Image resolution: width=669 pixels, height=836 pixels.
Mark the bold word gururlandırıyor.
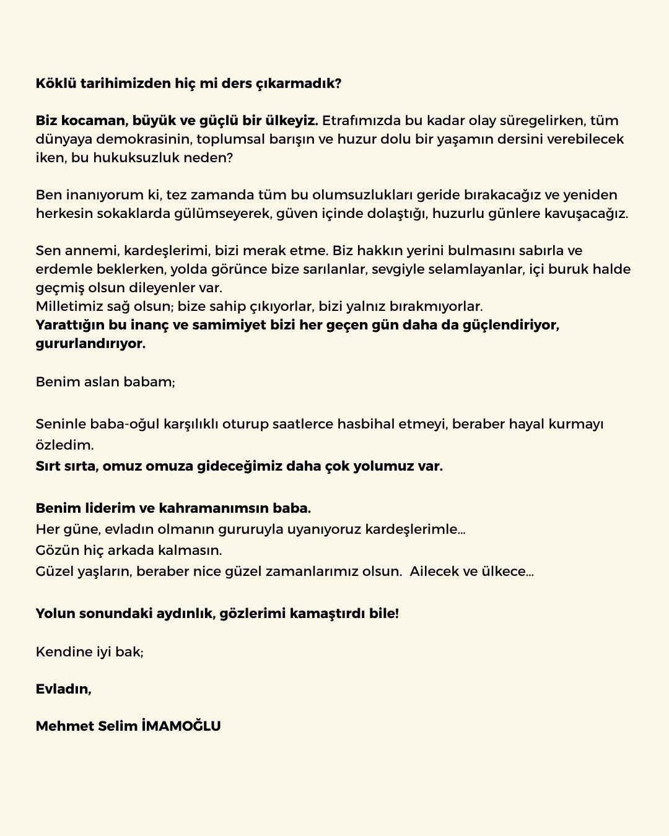tap(90, 344)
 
